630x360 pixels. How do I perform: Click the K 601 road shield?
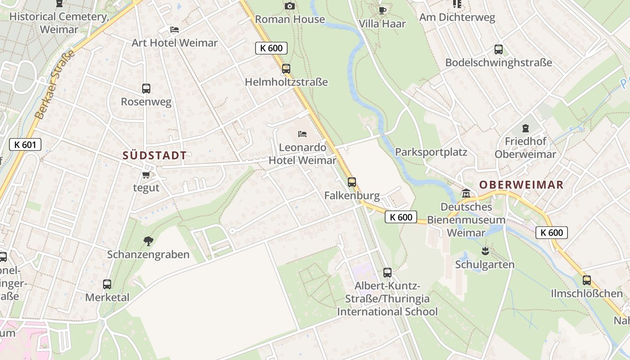pos(25,144)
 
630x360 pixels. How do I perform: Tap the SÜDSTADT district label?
pos(154,156)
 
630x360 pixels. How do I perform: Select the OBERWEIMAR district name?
pos(521,184)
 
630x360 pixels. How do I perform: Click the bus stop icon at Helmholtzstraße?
pos(286,69)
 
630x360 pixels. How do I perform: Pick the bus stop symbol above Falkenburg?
pos(352,182)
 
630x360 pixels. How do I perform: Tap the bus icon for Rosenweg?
pos(146,89)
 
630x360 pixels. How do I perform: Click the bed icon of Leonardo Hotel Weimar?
pos(302,134)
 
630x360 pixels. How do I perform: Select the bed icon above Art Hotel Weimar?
pos(175,30)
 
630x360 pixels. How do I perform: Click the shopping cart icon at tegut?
pos(146,175)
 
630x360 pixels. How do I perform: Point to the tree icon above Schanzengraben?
pos(148,241)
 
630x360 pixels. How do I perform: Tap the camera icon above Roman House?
pos(290,6)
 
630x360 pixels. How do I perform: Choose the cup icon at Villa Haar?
pos(382,10)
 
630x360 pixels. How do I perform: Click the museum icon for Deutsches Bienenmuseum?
pos(466,193)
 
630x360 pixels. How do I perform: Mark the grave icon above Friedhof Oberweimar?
pos(525,128)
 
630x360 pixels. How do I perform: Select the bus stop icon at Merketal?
pos(107,284)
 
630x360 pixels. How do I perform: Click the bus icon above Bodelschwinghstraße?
pos(498,49)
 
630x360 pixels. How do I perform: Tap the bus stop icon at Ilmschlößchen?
pos(587,280)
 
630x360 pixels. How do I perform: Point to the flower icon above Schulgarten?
pos(485,251)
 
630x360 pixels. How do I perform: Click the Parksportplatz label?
pos(431,152)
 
